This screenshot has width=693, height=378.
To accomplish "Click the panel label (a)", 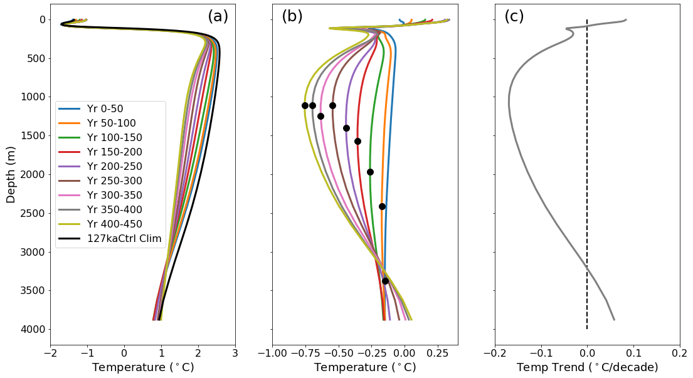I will click(x=218, y=17).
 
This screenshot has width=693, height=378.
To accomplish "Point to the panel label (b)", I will click(x=292, y=17).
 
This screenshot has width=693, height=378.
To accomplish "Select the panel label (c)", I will click(x=514, y=17).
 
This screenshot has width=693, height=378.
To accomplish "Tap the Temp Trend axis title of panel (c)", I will click(x=587, y=368).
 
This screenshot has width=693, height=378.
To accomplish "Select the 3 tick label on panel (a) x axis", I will click(x=235, y=354).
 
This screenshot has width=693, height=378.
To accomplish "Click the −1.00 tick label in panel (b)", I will click(x=272, y=354).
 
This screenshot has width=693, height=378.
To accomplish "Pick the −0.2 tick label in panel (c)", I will click(x=495, y=354).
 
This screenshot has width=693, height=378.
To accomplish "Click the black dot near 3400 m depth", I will click(x=385, y=281).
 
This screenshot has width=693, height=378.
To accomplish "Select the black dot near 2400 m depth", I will click(x=382, y=206).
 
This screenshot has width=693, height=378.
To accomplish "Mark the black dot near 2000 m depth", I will click(x=370, y=172).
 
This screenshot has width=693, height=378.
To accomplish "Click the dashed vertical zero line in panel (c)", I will click(x=587, y=188).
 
